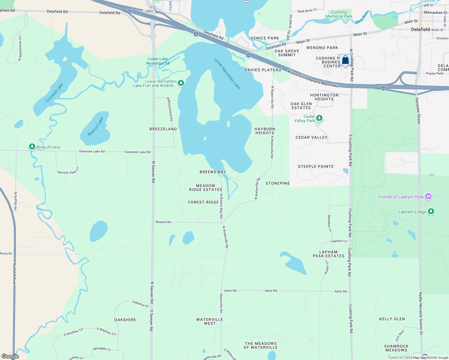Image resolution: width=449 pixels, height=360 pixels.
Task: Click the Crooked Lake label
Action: tap(54, 93)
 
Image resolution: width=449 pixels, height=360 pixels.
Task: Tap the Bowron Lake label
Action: tap(95, 127)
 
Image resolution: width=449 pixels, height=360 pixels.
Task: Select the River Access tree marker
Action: tap(32, 147)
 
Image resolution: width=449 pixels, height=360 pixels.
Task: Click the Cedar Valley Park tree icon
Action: tap(319, 118)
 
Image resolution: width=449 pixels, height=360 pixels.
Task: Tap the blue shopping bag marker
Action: tap(345, 60)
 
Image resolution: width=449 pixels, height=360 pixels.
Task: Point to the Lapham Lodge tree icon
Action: tap(431, 211)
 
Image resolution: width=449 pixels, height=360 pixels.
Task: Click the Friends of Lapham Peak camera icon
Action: tap(428, 196)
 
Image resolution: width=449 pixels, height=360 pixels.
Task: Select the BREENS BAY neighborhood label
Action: tap(213, 172)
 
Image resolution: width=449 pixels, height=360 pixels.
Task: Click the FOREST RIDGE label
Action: tap(203, 202)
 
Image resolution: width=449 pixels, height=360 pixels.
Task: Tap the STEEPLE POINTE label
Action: tap(316, 166)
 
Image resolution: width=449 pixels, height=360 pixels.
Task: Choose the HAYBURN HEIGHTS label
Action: tap(265, 131)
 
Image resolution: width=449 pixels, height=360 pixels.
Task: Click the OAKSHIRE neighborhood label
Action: tap(125, 320)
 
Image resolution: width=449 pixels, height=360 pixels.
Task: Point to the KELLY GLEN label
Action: tap(392, 319)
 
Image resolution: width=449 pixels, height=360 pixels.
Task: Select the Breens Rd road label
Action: tap(164, 222)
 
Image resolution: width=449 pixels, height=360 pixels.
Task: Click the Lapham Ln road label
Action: tap(339, 241)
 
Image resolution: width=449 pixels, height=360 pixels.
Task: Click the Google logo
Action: tap(10, 356)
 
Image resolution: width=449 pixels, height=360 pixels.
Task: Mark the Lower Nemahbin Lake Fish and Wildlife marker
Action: tap(181, 83)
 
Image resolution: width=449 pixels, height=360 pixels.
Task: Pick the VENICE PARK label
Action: tap(265, 38)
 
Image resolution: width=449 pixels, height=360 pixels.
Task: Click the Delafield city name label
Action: tap(420, 29)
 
